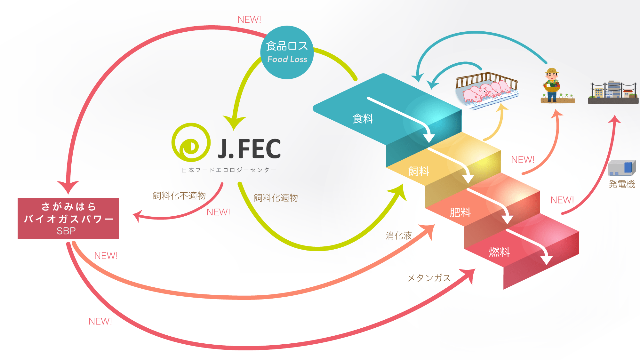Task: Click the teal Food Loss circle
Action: pos(287,52)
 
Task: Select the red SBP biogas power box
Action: pos(68,218)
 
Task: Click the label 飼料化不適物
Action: pos(179,196)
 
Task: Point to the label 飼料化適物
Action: pos(276,198)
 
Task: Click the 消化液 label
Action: pos(399,236)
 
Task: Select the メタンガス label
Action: pos(429,278)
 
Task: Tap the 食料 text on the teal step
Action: pos(363,119)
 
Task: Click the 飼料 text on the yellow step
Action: pos(419,172)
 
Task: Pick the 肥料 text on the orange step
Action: pos(460,212)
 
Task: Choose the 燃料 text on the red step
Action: pos(499,252)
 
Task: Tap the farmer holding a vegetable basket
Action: pos(552,85)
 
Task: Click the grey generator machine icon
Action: pos(621,168)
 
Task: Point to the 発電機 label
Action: pos(621,184)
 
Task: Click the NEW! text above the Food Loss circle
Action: pos(249,20)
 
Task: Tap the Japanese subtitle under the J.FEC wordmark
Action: pos(229,170)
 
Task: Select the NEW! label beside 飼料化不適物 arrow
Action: pos(218,212)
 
